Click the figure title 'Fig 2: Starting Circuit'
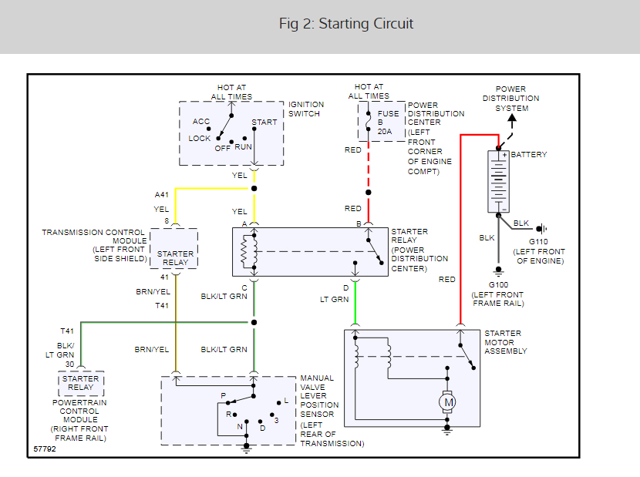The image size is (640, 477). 346,24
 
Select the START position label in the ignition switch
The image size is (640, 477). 264,123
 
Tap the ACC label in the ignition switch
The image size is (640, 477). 200,122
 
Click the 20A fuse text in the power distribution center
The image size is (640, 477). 385,132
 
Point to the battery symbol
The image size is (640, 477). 499,182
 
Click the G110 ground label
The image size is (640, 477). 540,241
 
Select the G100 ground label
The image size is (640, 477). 497,285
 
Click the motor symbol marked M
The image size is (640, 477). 447,401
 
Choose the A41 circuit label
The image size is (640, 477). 163,196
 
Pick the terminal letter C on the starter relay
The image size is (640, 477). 244,288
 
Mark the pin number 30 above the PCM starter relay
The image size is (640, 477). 69,364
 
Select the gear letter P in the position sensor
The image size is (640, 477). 224,395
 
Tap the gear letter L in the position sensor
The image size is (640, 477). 286,401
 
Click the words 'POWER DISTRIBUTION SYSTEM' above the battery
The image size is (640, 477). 511,99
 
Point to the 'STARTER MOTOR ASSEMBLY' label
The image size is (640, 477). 505,342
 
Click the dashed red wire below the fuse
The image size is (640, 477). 369,166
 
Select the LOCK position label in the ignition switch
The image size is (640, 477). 200,139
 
